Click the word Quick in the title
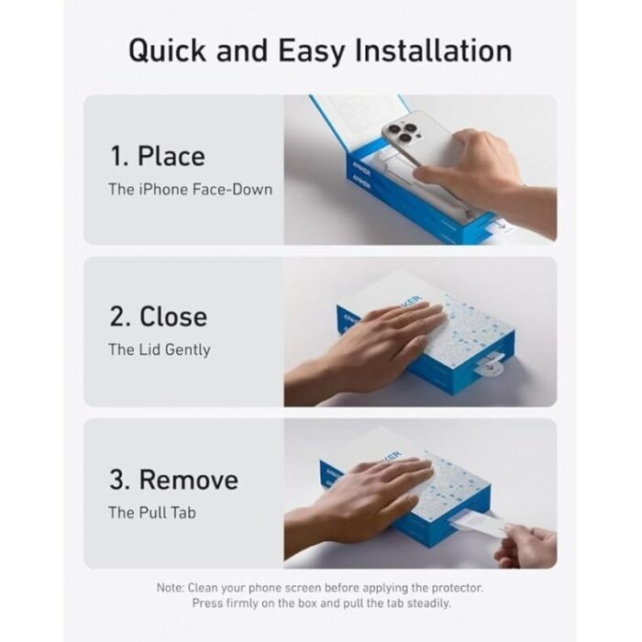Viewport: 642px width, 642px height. tap(167, 51)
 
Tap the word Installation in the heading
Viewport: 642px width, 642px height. tap(433, 50)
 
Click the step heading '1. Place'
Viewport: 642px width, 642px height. tap(158, 156)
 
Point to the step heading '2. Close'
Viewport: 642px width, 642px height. tap(158, 316)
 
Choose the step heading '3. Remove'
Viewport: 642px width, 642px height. tap(173, 479)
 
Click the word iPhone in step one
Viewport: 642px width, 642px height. tap(164, 190)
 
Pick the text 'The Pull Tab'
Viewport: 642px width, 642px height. tap(152, 513)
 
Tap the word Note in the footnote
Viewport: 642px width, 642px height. tap(170, 588)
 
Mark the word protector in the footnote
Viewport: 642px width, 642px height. tap(458, 588)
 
